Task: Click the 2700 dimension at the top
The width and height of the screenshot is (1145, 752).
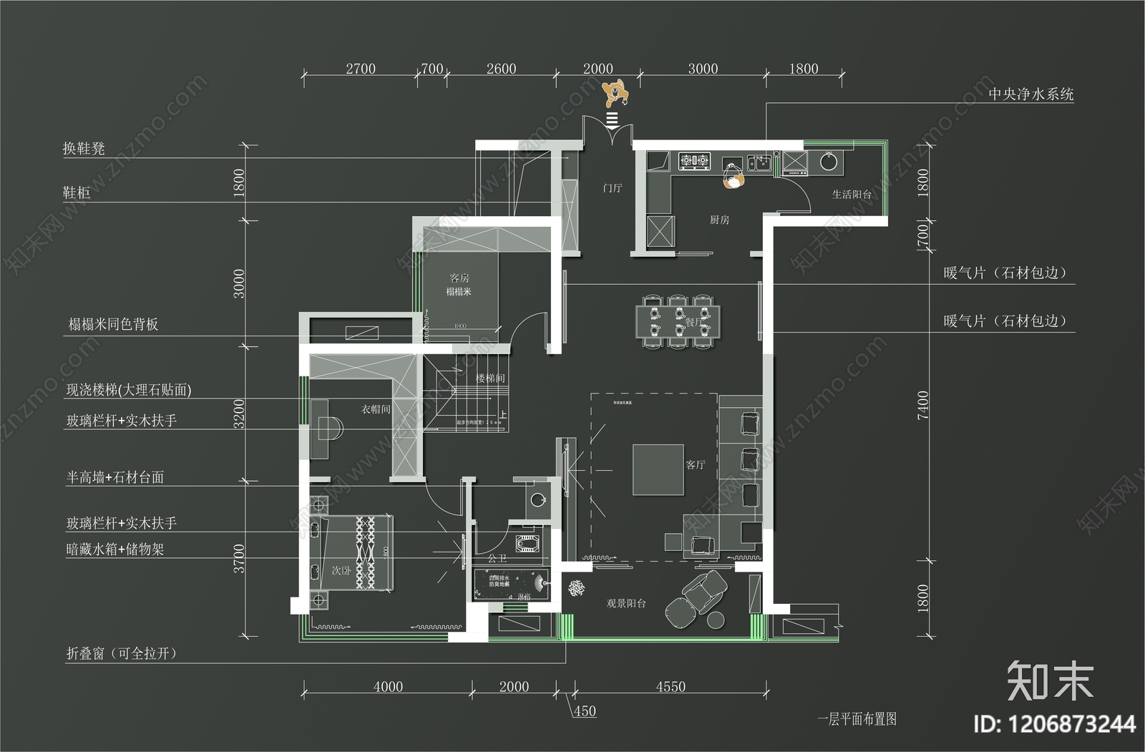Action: [360, 69]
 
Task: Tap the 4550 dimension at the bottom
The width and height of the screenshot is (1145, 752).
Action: [671, 687]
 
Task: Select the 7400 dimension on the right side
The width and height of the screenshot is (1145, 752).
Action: [923, 405]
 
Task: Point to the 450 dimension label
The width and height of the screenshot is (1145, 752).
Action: [585, 711]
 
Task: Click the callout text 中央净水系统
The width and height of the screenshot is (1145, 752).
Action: [1030, 94]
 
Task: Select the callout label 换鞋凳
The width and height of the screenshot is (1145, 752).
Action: [84, 149]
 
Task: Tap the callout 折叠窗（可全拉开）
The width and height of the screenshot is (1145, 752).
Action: [121, 653]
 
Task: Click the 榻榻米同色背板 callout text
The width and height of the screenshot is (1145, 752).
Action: [113, 324]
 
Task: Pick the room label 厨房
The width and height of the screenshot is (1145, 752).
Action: [719, 220]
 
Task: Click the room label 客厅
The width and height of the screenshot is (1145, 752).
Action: [696, 465]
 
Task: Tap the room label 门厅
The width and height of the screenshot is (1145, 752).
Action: [613, 188]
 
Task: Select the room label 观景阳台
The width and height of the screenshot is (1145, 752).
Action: [626, 604]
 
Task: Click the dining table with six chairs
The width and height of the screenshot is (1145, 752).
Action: [678, 321]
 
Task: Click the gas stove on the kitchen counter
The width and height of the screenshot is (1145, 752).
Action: [693, 162]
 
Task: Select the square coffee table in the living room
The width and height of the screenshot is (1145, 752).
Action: [658, 469]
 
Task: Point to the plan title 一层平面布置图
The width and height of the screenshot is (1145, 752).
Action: [857, 719]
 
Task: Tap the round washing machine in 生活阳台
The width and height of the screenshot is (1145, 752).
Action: [828, 162]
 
